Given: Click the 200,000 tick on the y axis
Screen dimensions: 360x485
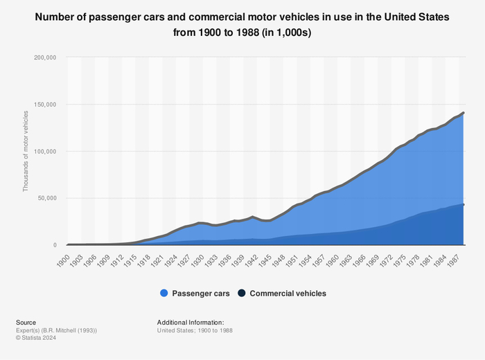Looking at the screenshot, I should pyautogui.click(x=44, y=57).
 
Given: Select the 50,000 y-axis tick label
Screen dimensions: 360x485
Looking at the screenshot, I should pyautogui.click(x=46, y=198).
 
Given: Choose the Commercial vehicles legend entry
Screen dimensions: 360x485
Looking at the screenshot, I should pyautogui.click(x=288, y=294).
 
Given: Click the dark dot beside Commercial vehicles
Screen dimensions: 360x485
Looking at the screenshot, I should pyautogui.click(x=242, y=294).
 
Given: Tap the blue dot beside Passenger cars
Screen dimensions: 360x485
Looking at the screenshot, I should pyautogui.click(x=164, y=294).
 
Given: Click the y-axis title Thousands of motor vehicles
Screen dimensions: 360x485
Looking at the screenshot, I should pyautogui.click(x=26, y=151).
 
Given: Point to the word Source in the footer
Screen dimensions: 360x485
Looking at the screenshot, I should pyautogui.click(x=27, y=322).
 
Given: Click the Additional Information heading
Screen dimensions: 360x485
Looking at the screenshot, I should pyautogui.click(x=190, y=322).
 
